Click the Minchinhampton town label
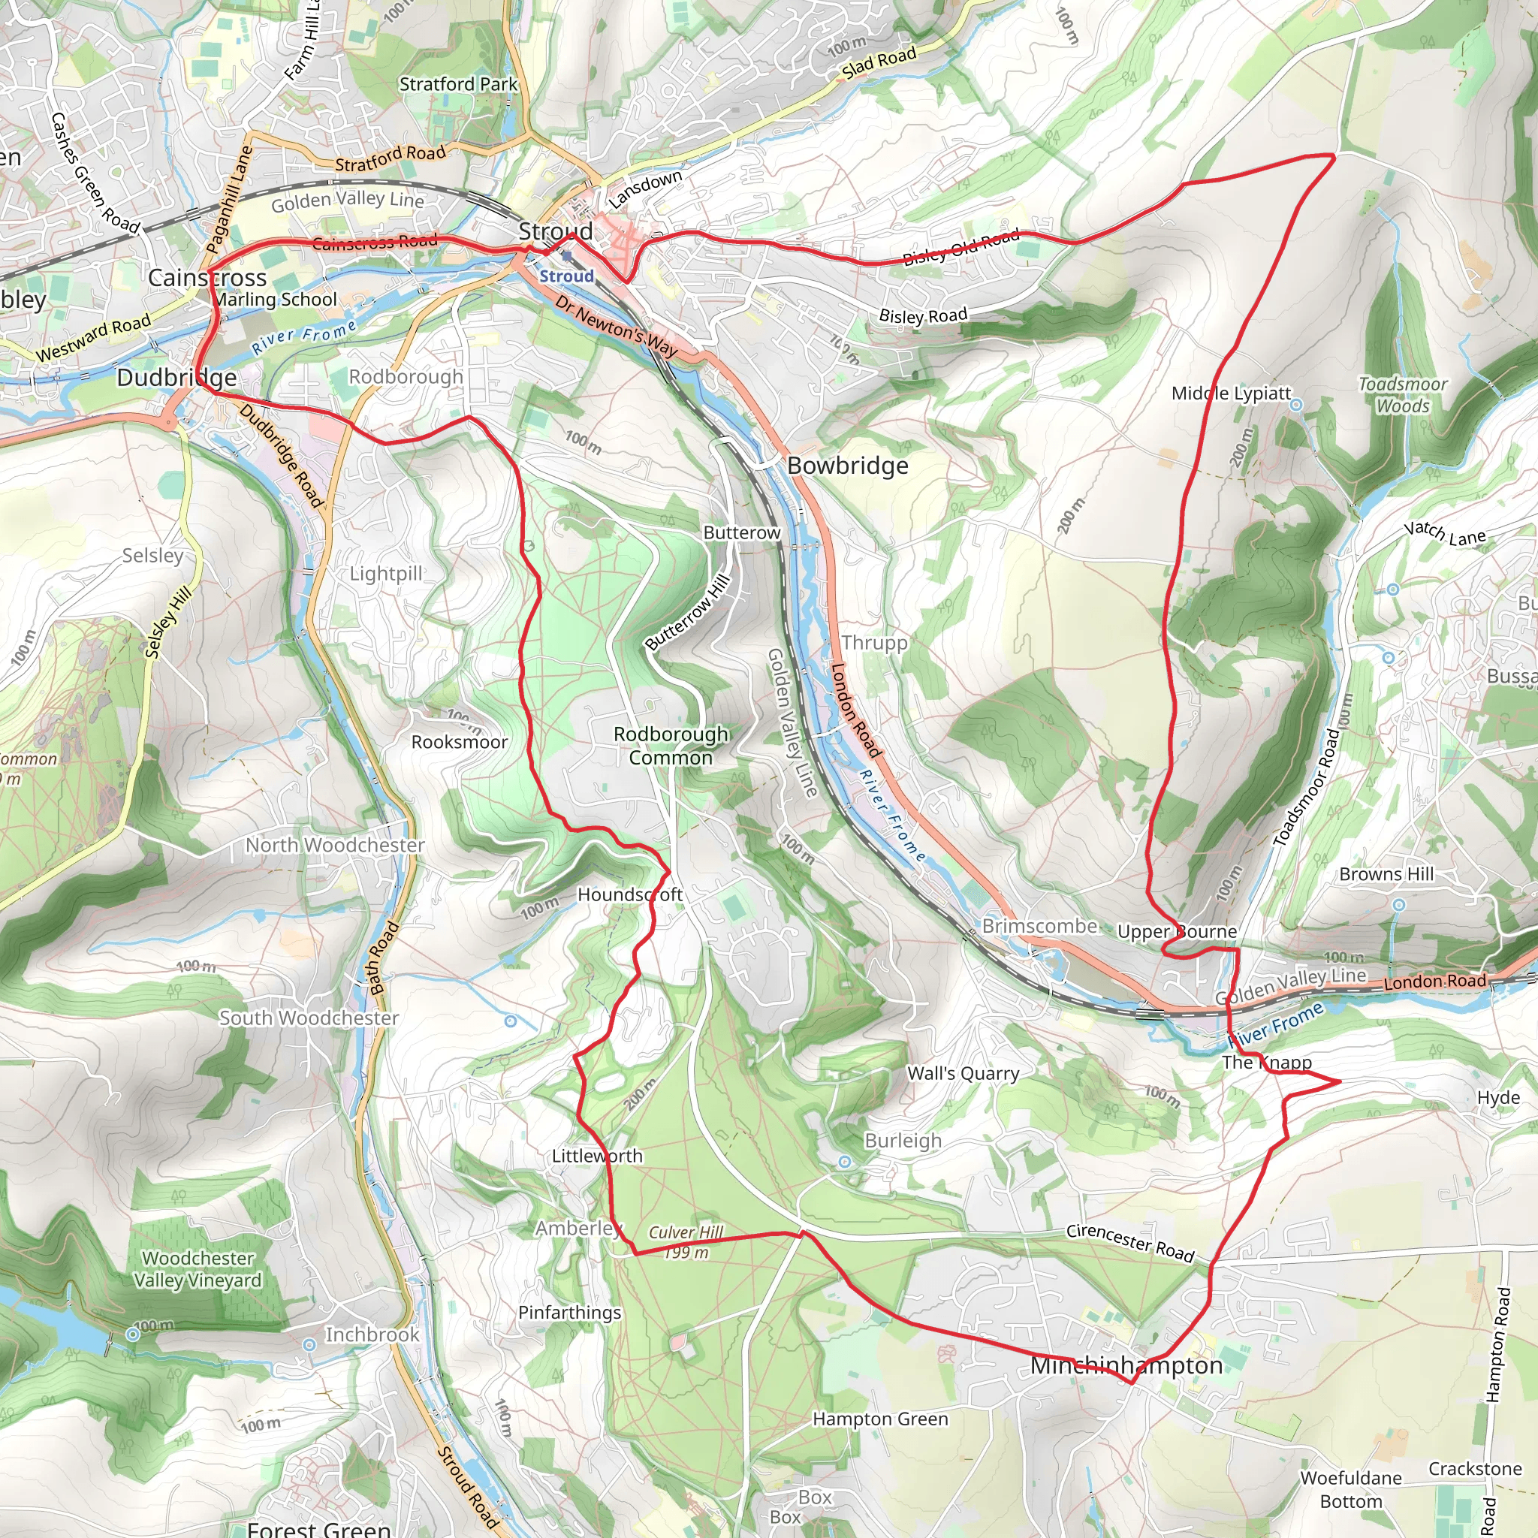[1126, 1366]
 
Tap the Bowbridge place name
[847, 466]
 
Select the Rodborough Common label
[671, 746]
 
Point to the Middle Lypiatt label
[1231, 394]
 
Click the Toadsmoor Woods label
[1403, 395]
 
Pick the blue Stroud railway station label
[566, 276]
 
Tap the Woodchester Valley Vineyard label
[198, 1269]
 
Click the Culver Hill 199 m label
[686, 1242]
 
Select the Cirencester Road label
[1129, 1242]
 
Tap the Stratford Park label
[458, 84]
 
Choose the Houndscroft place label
[629, 894]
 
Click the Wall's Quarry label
[964, 1074]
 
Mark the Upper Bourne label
[1177, 931]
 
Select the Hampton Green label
[879, 1419]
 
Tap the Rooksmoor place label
[460, 742]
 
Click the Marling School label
[276, 300]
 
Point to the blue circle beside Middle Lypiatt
[1296, 405]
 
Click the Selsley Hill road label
[168, 623]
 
